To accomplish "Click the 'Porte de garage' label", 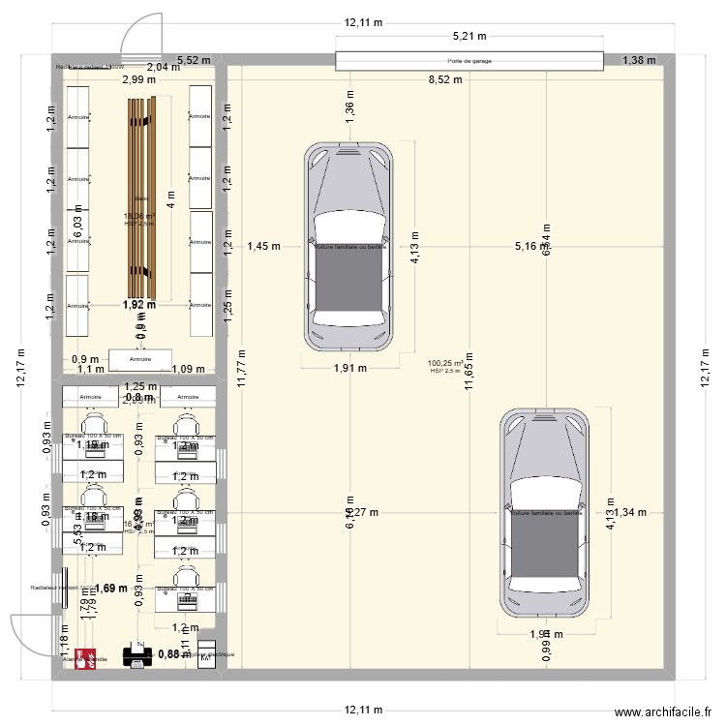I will coord(469,61).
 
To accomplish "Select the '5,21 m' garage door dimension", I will coord(469,38).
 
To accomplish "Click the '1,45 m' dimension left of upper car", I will coord(263,247).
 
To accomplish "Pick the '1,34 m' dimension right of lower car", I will coord(629,512).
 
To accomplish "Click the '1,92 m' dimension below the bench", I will coord(138,305).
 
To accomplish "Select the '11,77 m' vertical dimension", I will coord(242,367).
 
